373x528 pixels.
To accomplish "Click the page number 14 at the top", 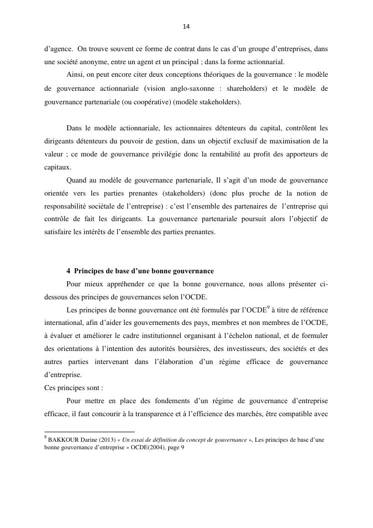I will point(186,26).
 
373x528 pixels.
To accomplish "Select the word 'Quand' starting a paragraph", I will point(75,180).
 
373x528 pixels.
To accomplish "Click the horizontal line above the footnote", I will point(90,432).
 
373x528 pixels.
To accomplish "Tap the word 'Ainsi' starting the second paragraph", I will point(75,76).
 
